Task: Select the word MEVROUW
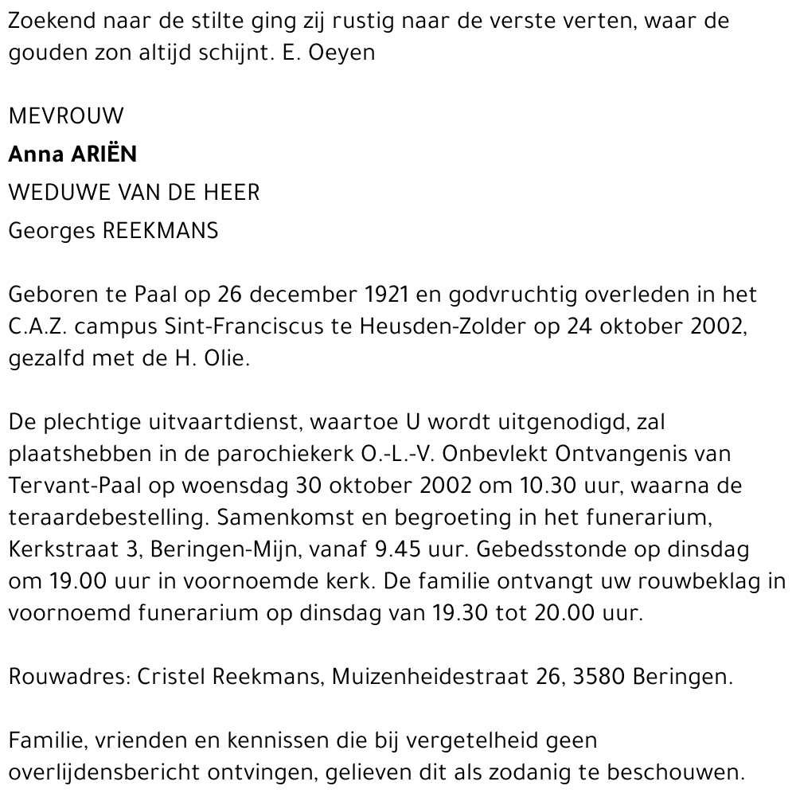tap(66, 117)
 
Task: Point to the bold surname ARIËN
tap(103, 154)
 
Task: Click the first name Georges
tap(50, 232)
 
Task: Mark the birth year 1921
tap(386, 295)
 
